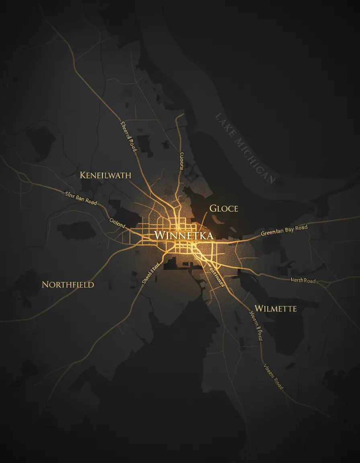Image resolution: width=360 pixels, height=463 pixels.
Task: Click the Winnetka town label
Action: coord(183,235)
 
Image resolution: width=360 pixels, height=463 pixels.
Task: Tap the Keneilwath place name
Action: coord(105,175)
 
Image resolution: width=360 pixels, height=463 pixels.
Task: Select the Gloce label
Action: coord(224,208)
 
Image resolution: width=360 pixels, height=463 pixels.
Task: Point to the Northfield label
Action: coord(68,285)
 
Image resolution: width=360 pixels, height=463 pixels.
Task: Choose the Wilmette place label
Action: coord(276,309)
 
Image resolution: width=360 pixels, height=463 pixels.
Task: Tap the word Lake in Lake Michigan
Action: coord(224,124)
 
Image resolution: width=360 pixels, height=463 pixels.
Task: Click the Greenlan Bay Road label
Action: coord(284,230)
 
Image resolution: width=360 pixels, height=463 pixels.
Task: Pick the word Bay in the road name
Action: coord(289,230)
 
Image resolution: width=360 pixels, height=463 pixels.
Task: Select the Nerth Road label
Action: coord(303,281)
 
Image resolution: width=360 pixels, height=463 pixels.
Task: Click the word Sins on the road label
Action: coord(70,195)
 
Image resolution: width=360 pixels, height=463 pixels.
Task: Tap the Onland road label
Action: coord(117,222)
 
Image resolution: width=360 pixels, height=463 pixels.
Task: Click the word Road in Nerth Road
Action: coord(309,281)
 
